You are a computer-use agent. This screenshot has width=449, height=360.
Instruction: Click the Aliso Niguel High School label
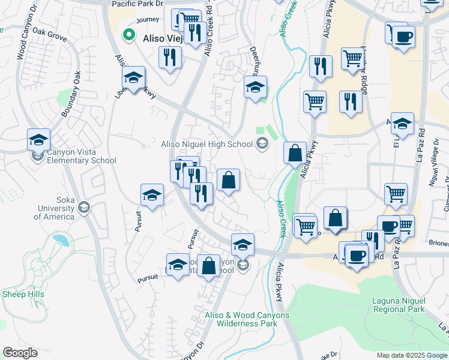pyautogui.click(x=206, y=144)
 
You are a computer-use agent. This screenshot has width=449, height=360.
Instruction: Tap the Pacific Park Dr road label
pyautogui.click(x=138, y=4)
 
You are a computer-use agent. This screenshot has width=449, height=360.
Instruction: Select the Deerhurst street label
pyautogui.click(x=253, y=60)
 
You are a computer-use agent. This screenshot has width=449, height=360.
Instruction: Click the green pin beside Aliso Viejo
pyautogui.click(x=127, y=35)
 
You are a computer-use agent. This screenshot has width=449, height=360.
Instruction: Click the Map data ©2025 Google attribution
pyautogui.click(x=411, y=355)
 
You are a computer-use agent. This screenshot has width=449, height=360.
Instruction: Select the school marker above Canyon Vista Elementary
pyautogui.click(x=38, y=140)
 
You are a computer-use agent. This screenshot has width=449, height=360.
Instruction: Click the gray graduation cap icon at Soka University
pyautogui.click(x=84, y=208)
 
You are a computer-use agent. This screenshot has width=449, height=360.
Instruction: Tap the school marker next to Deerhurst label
pyautogui.click(x=255, y=87)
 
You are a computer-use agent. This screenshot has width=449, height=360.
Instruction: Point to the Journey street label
pyautogui.click(x=148, y=20)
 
